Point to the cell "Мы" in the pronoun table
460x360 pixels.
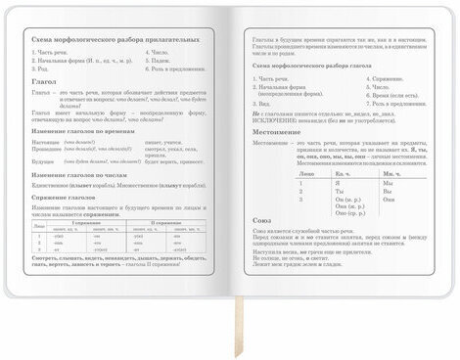389,183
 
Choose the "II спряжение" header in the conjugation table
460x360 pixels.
168,223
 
